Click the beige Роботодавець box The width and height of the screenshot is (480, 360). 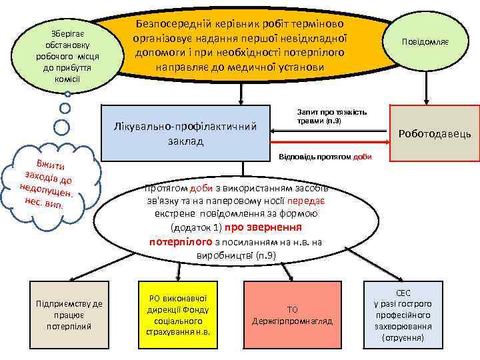[434, 133]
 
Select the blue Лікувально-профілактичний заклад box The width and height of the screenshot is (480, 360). [187, 133]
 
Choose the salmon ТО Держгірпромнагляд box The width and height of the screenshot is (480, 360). [292, 315]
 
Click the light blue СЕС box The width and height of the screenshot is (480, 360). [403, 315]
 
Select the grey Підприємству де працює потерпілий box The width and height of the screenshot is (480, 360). [69, 315]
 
